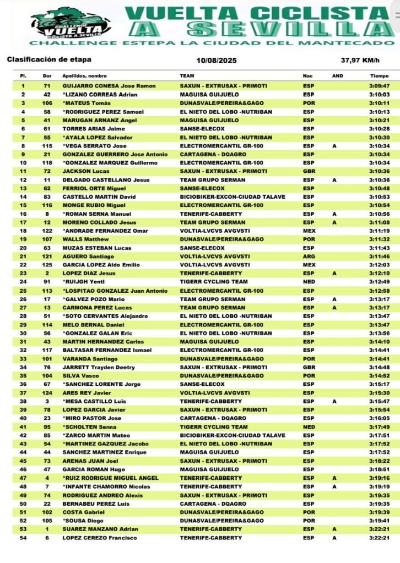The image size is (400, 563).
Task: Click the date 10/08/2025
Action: click(216, 60)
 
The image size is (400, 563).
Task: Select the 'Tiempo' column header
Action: click(379, 76)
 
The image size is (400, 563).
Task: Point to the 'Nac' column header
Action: click(307, 76)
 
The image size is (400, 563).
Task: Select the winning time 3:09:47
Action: click(379, 86)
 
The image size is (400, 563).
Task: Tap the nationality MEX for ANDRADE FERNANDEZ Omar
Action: click(309, 231)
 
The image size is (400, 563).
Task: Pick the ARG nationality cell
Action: click(309, 256)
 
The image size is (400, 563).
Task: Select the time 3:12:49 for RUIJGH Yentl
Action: click(379, 282)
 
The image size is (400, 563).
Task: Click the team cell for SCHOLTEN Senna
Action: click(214, 427)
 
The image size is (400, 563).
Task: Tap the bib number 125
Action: click(47, 265)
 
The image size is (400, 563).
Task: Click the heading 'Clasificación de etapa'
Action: click(49, 59)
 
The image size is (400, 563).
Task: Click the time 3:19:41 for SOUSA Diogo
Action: click(379, 521)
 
